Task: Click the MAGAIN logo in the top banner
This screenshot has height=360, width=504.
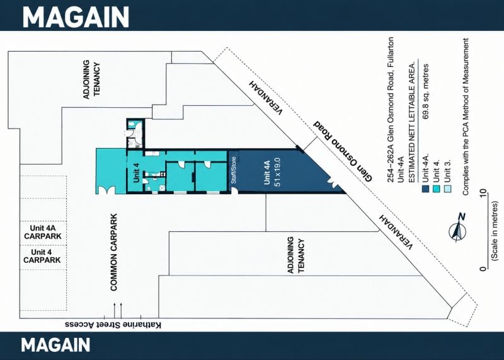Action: coord(76,16)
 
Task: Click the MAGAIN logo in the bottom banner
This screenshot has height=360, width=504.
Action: coord(55,345)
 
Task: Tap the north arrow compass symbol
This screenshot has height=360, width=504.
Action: coord(458,228)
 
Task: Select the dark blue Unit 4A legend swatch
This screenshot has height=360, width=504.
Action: coord(426,189)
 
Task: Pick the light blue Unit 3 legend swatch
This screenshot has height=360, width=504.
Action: coord(447,189)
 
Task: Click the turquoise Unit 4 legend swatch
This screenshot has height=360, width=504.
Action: coord(437,189)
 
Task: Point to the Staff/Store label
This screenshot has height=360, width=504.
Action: coord(234,170)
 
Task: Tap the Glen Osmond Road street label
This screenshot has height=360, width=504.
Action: coord(343,151)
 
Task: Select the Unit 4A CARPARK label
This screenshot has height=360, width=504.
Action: coord(43,232)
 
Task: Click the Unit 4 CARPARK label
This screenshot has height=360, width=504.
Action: coord(42,256)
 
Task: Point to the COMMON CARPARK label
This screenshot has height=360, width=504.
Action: coord(113,252)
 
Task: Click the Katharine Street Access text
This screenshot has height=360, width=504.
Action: coord(113,325)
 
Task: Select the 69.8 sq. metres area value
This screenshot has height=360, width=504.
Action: coord(426,91)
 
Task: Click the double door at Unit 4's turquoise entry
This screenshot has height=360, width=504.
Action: coord(106,189)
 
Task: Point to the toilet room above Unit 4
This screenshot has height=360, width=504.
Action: coord(135,134)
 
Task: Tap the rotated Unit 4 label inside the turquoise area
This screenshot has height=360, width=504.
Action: coord(136,173)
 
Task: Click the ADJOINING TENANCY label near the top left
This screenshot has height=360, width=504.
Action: coord(92,79)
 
